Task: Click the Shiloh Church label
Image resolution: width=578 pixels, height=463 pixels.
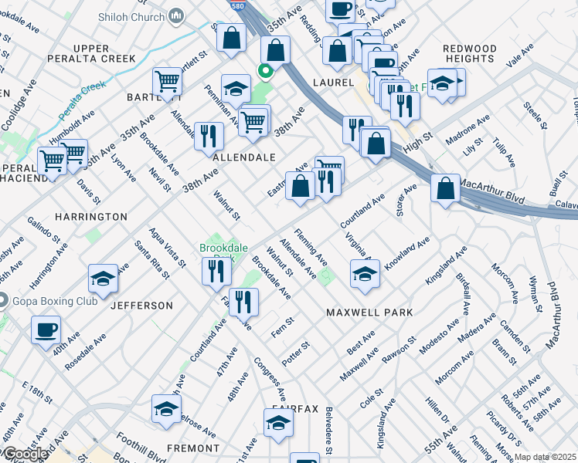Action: [x=138, y=15]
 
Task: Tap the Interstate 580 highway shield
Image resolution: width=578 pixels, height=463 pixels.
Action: [x=238, y=5]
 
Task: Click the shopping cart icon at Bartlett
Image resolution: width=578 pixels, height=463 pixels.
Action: [x=167, y=81]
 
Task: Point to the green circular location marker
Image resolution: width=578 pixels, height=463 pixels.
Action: [x=266, y=73]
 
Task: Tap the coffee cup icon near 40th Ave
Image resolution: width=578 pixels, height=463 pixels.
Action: [x=46, y=330]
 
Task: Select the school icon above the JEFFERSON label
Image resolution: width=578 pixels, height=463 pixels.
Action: [x=103, y=278]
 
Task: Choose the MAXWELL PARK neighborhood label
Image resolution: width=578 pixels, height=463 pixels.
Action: [x=369, y=313]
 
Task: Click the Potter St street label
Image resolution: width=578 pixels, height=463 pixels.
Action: [x=295, y=351]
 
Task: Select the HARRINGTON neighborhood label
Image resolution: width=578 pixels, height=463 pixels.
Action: [x=90, y=217]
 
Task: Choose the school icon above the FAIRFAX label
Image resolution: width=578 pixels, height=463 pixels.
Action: [x=278, y=423]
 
